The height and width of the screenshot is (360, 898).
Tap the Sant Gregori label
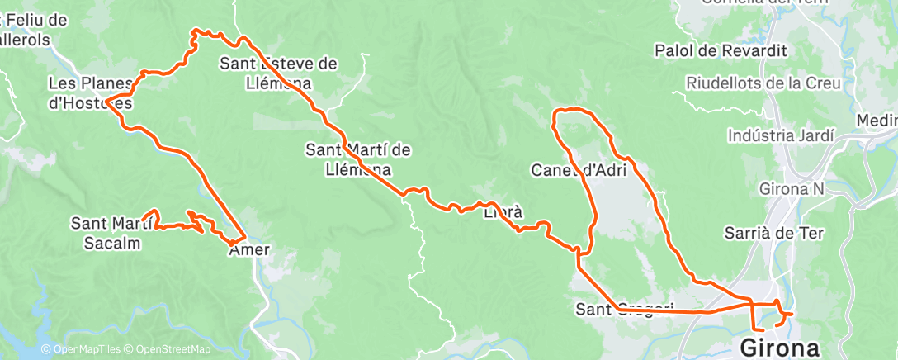[625, 310]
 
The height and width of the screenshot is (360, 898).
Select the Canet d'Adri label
[579, 171]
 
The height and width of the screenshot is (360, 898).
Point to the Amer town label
[248, 249]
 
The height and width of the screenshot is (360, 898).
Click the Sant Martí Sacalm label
[111, 232]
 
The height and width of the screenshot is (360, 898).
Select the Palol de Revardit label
[721, 50]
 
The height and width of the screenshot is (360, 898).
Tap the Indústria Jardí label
[781, 135]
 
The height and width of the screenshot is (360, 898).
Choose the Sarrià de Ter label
[774, 233]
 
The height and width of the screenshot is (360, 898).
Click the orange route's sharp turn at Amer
[244, 234]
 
